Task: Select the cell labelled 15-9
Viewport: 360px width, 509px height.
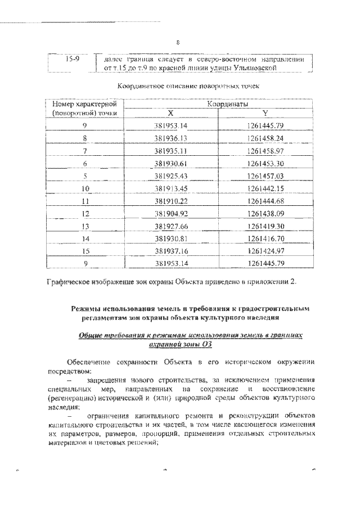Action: [x=71, y=59]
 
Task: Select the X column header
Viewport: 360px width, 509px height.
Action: [x=170, y=113]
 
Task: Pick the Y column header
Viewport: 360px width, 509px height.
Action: [x=265, y=113]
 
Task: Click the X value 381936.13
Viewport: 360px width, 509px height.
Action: [x=170, y=137]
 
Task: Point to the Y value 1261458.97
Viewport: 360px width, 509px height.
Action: [x=265, y=151]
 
